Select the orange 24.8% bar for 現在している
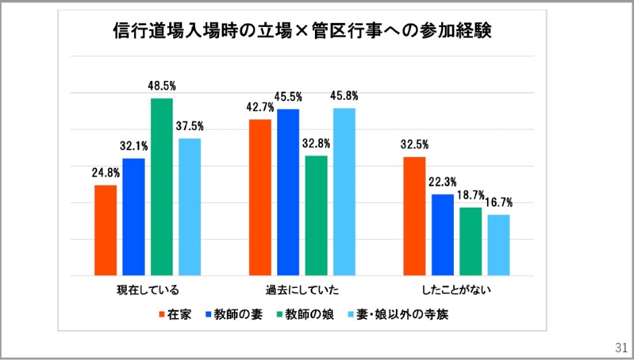click(x=106, y=230)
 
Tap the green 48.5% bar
click(x=162, y=187)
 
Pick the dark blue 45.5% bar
click(x=288, y=192)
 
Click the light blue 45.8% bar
click(x=344, y=191)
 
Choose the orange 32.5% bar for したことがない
click(x=415, y=216)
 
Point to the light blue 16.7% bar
click(x=498, y=245)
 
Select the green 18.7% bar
click(x=471, y=241)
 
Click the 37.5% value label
click(x=190, y=126)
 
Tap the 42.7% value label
click(x=260, y=107)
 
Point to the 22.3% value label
click(x=442, y=181)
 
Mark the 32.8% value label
click(x=316, y=143)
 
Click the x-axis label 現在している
click(x=148, y=291)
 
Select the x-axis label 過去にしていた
click(x=302, y=291)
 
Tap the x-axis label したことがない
click(x=457, y=291)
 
